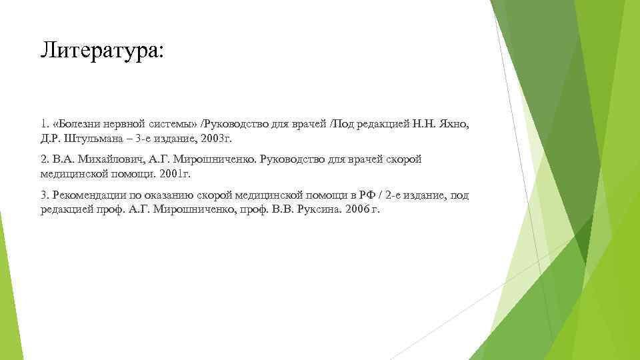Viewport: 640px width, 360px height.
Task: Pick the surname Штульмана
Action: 90,141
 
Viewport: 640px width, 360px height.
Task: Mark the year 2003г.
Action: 217,141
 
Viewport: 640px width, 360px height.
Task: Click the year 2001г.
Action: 174,175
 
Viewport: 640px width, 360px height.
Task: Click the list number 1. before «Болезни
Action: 44,125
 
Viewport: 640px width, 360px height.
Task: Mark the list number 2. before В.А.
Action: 44,160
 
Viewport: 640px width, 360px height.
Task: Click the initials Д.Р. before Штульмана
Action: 49,141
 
